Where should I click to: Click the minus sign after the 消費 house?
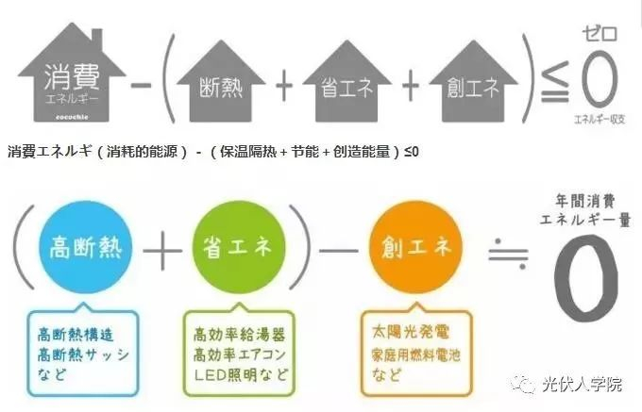click(x=143, y=87)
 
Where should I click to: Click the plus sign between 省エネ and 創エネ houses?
click(x=410, y=87)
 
